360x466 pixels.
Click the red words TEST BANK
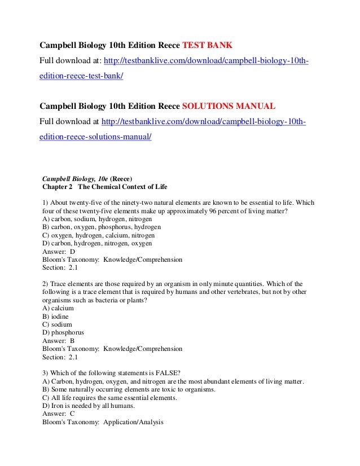pos(204,45)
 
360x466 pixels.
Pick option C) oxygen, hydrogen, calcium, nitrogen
pos(98,235)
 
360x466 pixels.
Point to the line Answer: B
pos(59,341)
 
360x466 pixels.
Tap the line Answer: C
pos(59,414)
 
